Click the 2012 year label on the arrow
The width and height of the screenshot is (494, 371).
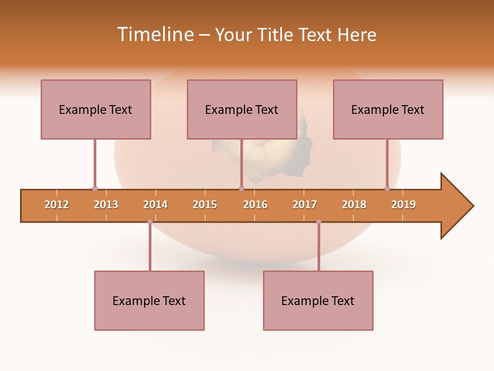(x=57, y=205)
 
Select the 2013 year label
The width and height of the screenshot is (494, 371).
(x=106, y=205)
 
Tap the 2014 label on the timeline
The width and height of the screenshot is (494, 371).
(x=155, y=205)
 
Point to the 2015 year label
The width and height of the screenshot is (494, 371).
(x=205, y=205)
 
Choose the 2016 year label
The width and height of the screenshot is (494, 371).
(x=255, y=205)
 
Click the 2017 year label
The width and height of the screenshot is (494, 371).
(x=305, y=205)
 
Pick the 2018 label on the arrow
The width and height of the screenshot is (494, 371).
(x=354, y=205)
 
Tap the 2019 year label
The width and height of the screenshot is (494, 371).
(x=403, y=205)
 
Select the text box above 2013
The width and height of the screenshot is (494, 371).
(x=96, y=109)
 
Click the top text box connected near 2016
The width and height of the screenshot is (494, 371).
(x=242, y=109)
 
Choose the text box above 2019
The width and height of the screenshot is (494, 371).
(x=388, y=109)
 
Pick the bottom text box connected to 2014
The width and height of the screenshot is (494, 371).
(x=149, y=300)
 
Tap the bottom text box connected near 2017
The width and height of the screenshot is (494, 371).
(x=318, y=300)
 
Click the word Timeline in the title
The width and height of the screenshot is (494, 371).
(x=154, y=35)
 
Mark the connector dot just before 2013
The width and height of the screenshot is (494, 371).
(x=95, y=189)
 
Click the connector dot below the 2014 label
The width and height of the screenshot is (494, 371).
(x=150, y=222)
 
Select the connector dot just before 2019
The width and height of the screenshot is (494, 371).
(x=387, y=189)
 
